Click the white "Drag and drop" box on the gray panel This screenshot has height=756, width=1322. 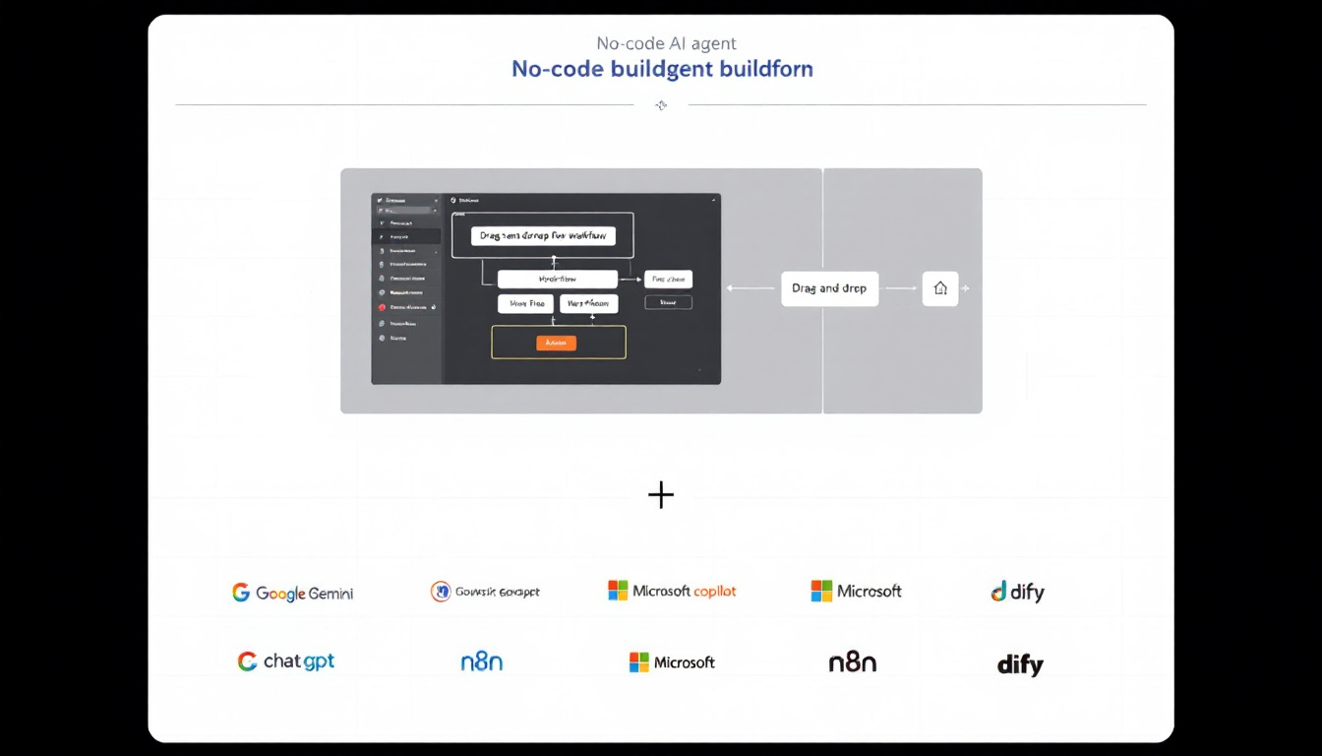point(829,288)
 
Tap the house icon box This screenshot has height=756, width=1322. point(939,288)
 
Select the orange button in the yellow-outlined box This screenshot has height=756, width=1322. point(556,343)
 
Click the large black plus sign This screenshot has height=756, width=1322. point(661,495)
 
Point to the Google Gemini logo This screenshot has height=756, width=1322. point(292,593)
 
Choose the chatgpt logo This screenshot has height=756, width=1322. point(286,661)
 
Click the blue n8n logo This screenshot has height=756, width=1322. point(481,662)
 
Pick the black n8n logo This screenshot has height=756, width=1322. point(852,662)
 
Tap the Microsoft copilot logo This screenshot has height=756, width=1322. point(672,591)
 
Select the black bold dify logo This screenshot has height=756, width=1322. point(1019,664)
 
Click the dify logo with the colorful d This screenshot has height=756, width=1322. point(1017,592)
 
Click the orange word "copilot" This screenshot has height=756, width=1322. point(715,592)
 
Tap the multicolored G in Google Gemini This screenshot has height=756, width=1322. point(241,593)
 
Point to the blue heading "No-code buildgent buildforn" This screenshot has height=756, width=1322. point(662,69)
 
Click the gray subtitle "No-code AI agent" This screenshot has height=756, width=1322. point(666,43)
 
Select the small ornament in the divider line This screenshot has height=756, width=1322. point(661,105)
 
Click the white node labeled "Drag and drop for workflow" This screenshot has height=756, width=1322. point(542,236)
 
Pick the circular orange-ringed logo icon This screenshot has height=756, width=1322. point(441,592)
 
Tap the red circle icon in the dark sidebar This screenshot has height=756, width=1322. point(381,308)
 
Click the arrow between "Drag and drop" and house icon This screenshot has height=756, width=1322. point(900,288)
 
